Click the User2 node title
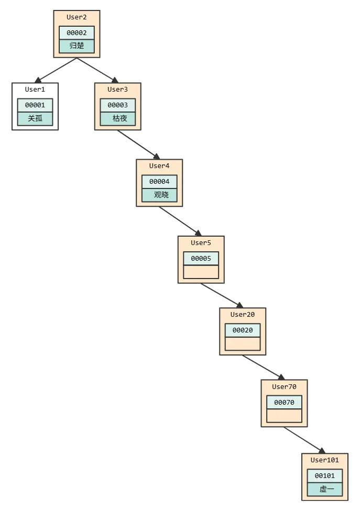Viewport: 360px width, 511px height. pos(77,17)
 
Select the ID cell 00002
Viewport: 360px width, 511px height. pos(77,33)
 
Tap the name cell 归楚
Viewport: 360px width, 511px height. pos(77,46)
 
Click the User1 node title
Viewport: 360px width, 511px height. pos(35,90)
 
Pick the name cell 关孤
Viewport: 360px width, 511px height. pos(35,119)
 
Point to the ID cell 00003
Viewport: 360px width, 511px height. pos(118,105)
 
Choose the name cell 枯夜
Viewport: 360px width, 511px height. pos(118,119)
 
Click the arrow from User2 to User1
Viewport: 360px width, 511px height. pos(56,70)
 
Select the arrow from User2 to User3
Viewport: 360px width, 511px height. pos(97,70)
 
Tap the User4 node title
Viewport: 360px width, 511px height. pos(159,166)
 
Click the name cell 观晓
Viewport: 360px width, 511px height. pos(159,195)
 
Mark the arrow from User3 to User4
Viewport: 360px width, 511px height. pos(139,145)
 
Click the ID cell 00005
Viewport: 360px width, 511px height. pos(201,259)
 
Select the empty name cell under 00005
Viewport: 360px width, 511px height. pos(201,272)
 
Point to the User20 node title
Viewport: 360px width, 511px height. pos(243,315)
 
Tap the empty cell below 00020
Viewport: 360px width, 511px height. pos(243,344)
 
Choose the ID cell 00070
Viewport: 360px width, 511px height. pos(285,403)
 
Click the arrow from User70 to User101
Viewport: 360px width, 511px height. pos(304,440)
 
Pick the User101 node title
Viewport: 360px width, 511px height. pos(325,460)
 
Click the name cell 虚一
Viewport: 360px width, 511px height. pos(325,490)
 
